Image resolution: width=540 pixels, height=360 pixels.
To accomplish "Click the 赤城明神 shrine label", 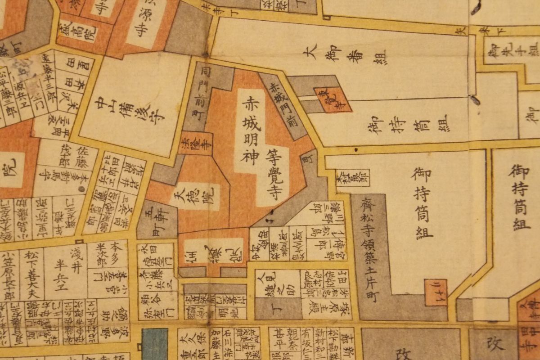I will pyautogui.click(x=249, y=130).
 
